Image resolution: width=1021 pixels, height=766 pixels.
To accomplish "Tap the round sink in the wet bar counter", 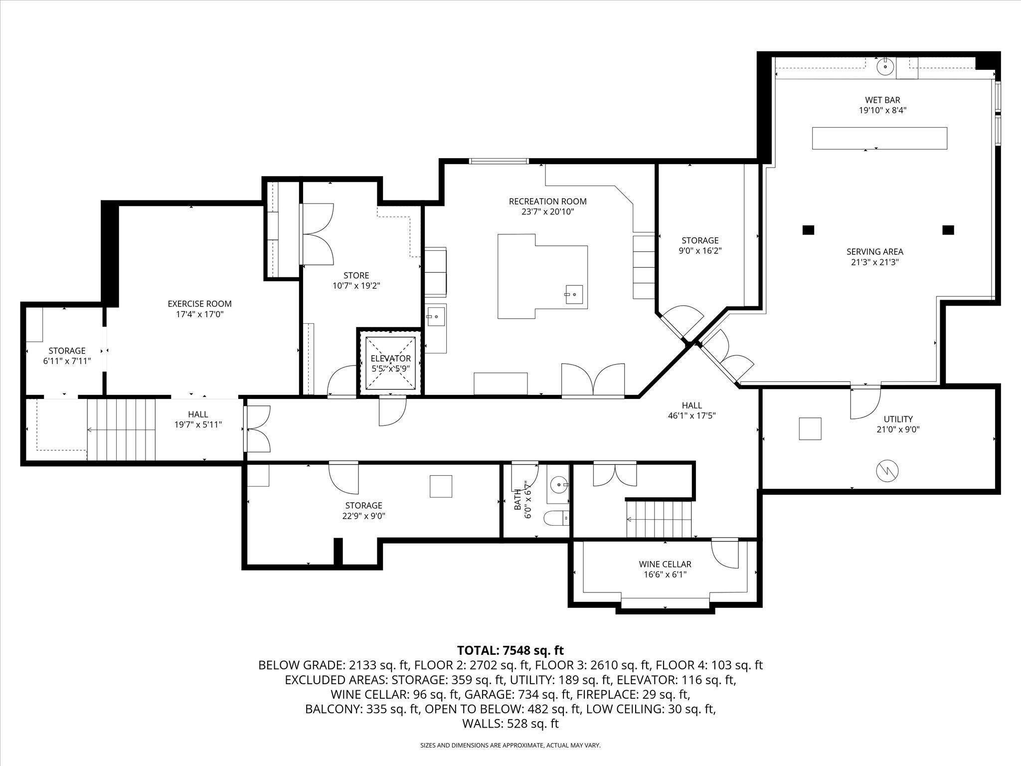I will pos(885,66).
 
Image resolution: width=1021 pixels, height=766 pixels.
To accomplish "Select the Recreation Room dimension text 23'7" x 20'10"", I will pos(547,211).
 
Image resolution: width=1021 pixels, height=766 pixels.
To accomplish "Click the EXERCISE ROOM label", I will pos(199,303).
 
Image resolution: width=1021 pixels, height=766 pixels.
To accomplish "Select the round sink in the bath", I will pos(559,484).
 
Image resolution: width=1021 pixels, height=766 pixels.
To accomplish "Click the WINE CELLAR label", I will pos(665,564).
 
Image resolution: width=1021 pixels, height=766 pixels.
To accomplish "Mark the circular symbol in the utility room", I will pos(886,471).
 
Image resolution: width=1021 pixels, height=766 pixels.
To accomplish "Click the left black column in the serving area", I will pos(808,230).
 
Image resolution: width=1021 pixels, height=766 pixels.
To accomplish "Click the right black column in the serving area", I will pos(948,230).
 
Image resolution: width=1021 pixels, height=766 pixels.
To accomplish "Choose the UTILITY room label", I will pos(898,419).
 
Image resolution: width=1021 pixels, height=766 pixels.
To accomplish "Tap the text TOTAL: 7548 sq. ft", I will pos(510,650).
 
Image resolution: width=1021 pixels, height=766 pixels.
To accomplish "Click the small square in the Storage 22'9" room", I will pos(441,486).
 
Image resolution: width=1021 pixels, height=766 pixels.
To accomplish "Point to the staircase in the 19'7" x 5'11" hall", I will pos(121,429).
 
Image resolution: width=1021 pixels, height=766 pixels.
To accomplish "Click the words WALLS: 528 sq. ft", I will pos(510,724).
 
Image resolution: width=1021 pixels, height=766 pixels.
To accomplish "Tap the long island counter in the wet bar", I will pos(879,138).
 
